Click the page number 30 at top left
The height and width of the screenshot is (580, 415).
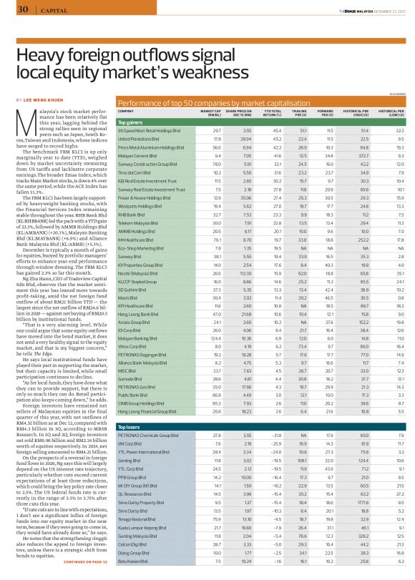point(22,9)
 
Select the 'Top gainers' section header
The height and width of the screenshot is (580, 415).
point(132,122)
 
